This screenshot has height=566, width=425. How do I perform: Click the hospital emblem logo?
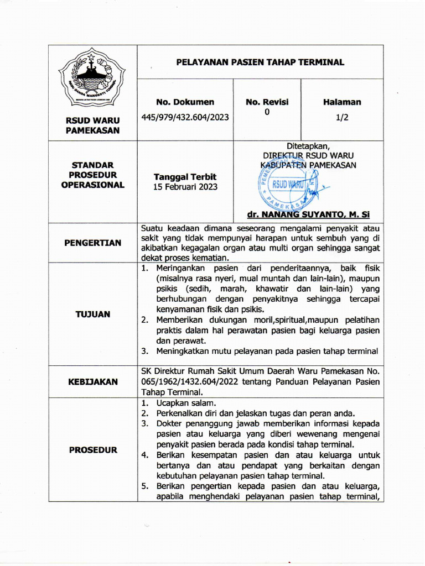pyautogui.click(x=92, y=78)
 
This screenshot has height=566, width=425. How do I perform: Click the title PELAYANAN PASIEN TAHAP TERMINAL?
pyautogui.click(x=260, y=62)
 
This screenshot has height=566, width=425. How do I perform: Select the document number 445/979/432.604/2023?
pyautogui.click(x=185, y=117)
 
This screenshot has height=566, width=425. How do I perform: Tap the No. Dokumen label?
pyautogui.click(x=185, y=102)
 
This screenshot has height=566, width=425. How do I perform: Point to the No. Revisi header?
pyautogui.click(x=267, y=102)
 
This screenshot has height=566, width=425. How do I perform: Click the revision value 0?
pyautogui.click(x=267, y=112)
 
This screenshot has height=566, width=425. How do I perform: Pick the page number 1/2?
pyautogui.click(x=342, y=117)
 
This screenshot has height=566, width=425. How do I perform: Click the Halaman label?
pyautogui.click(x=342, y=102)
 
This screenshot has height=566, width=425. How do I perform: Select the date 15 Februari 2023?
pyautogui.click(x=185, y=187)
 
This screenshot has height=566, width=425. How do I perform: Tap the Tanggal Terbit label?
pyautogui.click(x=185, y=177)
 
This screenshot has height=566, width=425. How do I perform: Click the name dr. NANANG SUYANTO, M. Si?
pyautogui.click(x=309, y=214)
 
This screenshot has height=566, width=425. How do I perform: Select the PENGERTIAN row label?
pyautogui.click(x=92, y=243)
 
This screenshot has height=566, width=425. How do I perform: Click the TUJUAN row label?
pyautogui.click(x=92, y=314)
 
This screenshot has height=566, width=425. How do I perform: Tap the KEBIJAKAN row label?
pyautogui.click(x=92, y=381)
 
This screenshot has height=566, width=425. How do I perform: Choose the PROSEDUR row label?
pyautogui.click(x=92, y=450)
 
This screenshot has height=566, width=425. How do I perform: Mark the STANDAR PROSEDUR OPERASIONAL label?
pyautogui.click(x=92, y=175)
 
